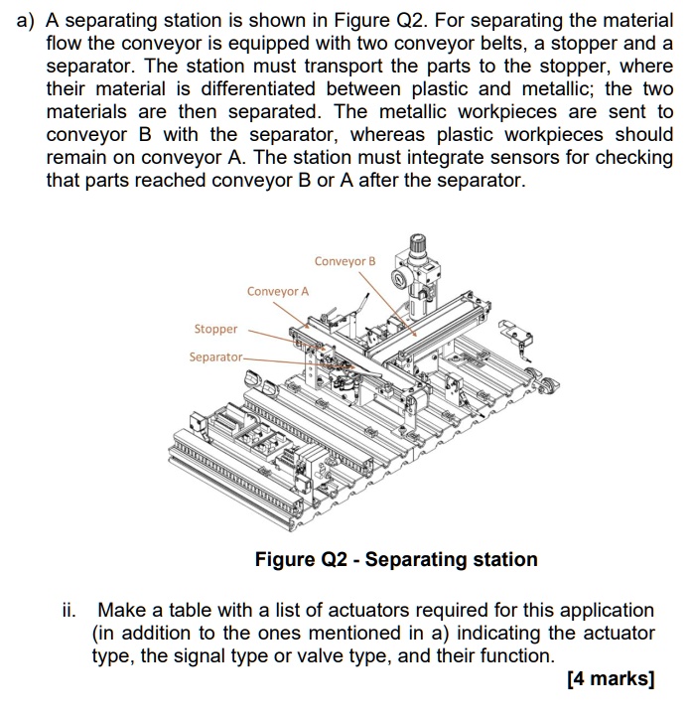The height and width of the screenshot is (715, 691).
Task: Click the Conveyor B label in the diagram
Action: (x=345, y=261)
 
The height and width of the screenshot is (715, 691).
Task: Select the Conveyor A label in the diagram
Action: (x=278, y=291)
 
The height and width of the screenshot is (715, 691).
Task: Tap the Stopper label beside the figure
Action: (x=215, y=329)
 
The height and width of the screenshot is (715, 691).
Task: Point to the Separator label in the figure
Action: (x=215, y=357)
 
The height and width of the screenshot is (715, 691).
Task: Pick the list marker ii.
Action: (x=76, y=610)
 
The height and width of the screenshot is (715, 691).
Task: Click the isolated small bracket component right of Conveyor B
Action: (x=512, y=332)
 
